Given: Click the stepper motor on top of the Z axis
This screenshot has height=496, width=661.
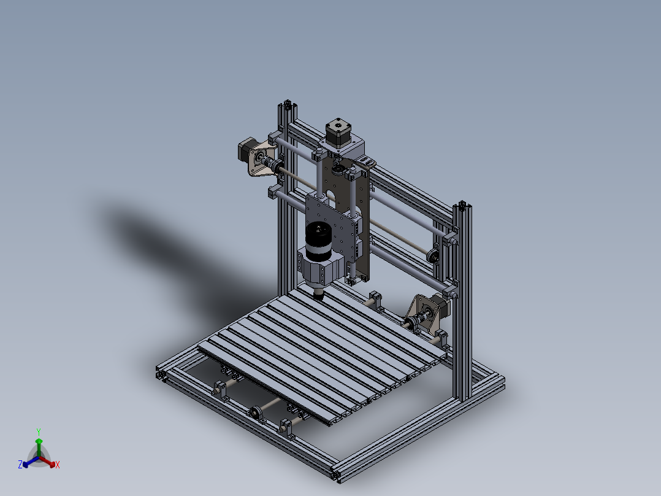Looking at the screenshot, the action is [x=335, y=132].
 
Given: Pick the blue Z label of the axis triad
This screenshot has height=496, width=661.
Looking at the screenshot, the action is [x=20, y=465].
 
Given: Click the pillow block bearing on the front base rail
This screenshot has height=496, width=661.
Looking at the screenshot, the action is [x=255, y=412].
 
